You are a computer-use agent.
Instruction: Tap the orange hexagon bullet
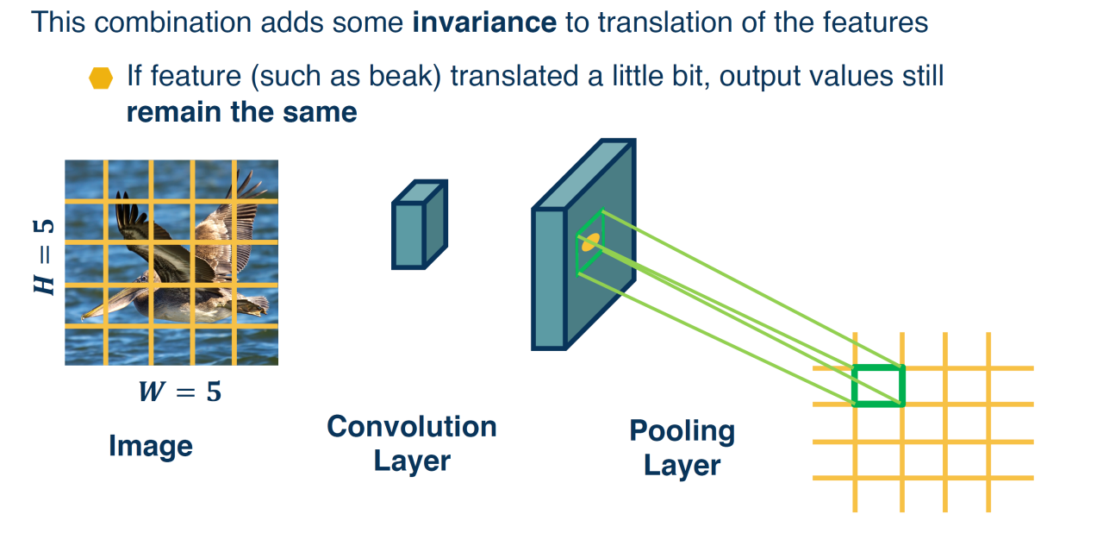coord(101,78)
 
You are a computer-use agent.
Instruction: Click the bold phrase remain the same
coord(241,112)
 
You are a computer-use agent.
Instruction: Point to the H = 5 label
coord(44,256)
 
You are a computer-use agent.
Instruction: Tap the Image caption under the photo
coord(151,446)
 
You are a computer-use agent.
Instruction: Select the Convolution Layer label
coord(411,443)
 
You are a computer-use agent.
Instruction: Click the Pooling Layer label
coord(682,448)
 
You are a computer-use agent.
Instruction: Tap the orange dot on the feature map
coord(589,243)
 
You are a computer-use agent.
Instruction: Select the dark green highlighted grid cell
coord(878,386)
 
